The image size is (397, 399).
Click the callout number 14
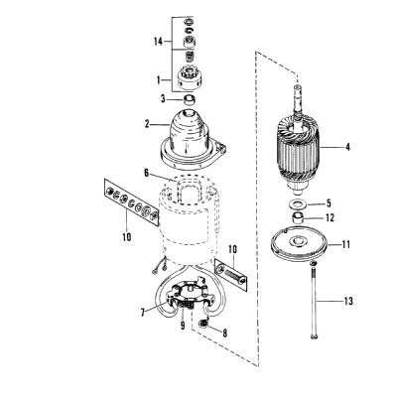[x=159, y=42]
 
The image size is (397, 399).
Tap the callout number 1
[x=159, y=80]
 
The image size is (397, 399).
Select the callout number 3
[x=163, y=98]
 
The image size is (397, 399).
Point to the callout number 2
[x=147, y=124]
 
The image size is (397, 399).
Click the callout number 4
[x=347, y=147]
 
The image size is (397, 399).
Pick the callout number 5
[x=329, y=203]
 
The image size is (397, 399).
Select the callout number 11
[x=345, y=245]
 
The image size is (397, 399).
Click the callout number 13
[x=348, y=301]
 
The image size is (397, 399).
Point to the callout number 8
[x=225, y=333]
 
